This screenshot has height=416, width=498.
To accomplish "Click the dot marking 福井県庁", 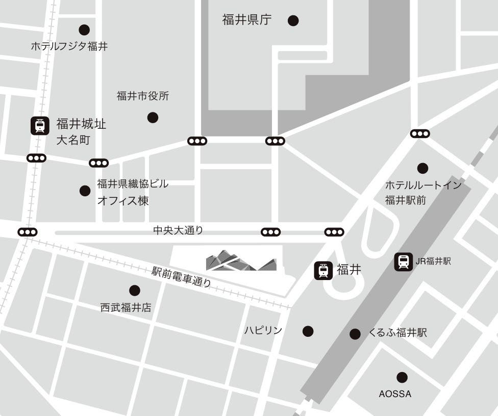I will [x=293, y=20].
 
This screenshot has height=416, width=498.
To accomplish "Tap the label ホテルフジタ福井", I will [x=69, y=46].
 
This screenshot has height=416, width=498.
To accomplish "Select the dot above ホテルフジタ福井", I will [x=84, y=30].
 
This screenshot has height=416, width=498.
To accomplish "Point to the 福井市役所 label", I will [x=143, y=96].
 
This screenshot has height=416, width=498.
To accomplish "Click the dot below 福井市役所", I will [x=153, y=118].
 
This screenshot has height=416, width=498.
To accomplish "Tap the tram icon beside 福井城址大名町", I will [x=40, y=126].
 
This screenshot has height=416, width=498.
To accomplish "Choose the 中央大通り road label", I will [x=178, y=230].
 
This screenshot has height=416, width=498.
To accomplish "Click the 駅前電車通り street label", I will [x=181, y=277].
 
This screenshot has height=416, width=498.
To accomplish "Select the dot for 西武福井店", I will [x=135, y=290].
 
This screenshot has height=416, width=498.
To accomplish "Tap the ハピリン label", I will [x=263, y=331].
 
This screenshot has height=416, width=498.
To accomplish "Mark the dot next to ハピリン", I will [x=308, y=331].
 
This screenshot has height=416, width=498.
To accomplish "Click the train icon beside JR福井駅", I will [x=404, y=262].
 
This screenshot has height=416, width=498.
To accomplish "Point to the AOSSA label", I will [x=395, y=394].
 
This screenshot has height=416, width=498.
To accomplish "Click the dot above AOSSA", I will [x=402, y=378].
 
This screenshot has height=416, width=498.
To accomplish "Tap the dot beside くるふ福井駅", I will [x=355, y=334].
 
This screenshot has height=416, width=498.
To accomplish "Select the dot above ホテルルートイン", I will [x=422, y=168].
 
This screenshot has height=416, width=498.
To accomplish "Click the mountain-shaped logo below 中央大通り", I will [x=241, y=261].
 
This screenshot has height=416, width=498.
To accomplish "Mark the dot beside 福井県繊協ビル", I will [x=85, y=191].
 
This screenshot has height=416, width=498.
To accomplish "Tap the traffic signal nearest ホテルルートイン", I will [x=420, y=134].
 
